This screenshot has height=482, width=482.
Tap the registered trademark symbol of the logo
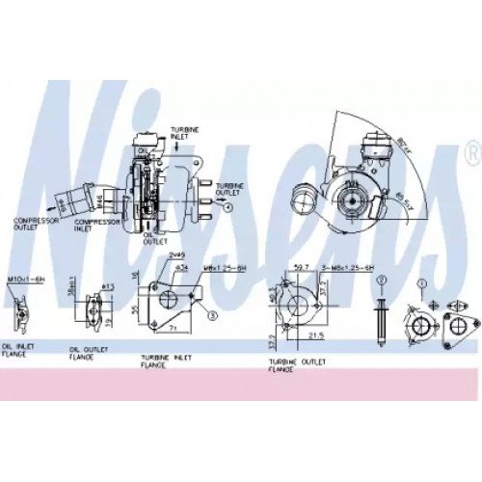click(471, 153)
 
